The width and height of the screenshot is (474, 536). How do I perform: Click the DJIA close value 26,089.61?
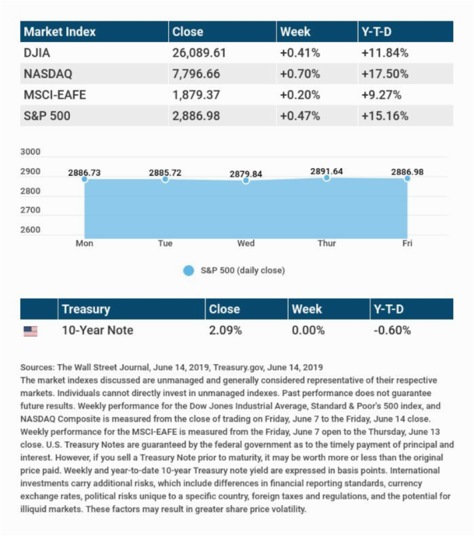[199, 53]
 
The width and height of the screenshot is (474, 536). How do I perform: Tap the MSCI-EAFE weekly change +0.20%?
[300, 95]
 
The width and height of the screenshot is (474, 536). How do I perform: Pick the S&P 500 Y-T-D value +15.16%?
[385, 115]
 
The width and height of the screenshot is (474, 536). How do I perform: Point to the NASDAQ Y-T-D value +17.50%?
[385, 74]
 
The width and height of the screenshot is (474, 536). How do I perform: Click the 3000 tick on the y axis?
[30, 152]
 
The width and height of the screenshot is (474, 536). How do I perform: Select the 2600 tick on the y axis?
[30, 230]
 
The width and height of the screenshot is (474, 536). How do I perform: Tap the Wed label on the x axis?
[246, 243]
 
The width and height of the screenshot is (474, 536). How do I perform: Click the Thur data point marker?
[326, 178]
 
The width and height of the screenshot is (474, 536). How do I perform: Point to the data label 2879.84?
[246, 174]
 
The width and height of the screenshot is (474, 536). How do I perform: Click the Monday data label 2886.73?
[84, 172]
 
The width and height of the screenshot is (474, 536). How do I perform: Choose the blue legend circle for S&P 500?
[188, 271]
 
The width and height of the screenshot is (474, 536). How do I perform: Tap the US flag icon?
[30, 331]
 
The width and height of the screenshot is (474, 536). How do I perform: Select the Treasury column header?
[86, 309]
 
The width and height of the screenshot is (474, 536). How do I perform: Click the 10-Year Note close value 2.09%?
[225, 330]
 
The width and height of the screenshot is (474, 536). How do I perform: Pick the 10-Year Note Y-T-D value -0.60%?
[392, 330]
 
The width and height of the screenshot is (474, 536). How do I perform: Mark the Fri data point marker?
[407, 178]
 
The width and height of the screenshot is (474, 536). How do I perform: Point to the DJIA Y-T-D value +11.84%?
[385, 53]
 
